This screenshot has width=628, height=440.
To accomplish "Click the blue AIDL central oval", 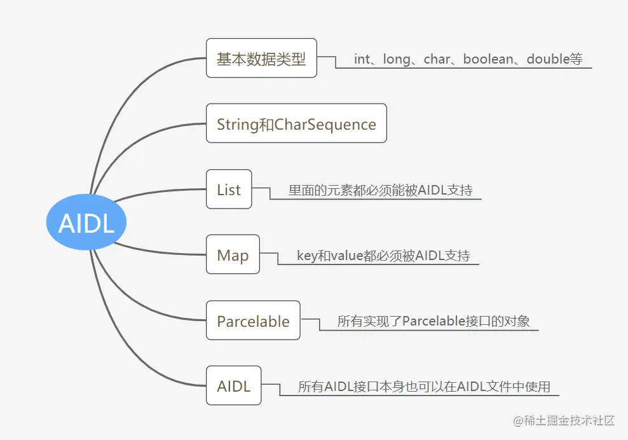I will click(x=86, y=223).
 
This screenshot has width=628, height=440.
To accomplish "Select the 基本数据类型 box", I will click(x=261, y=58).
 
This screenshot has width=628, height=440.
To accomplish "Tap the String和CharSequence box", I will click(x=296, y=123).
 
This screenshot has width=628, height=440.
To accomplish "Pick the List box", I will click(x=229, y=189).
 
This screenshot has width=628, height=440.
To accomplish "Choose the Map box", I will click(x=233, y=254).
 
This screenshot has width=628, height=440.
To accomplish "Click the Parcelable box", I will click(x=253, y=320).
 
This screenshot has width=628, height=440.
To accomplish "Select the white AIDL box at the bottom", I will click(x=233, y=385).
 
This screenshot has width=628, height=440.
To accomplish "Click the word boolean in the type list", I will click(x=488, y=59).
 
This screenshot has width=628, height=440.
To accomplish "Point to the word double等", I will click(x=554, y=59).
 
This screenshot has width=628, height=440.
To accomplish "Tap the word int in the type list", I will click(x=362, y=59).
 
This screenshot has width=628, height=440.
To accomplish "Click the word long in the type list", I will click(x=397, y=59).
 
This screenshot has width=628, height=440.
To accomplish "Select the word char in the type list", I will click(x=437, y=59).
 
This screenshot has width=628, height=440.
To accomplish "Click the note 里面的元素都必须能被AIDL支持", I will click(x=380, y=189).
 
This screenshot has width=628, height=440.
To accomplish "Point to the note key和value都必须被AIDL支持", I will click(x=383, y=256).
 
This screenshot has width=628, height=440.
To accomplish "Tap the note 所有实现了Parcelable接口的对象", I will click(x=433, y=321).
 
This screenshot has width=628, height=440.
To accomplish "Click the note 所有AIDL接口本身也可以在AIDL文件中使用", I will click(x=424, y=387).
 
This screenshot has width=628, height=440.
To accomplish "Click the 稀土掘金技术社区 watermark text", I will click(x=564, y=420).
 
